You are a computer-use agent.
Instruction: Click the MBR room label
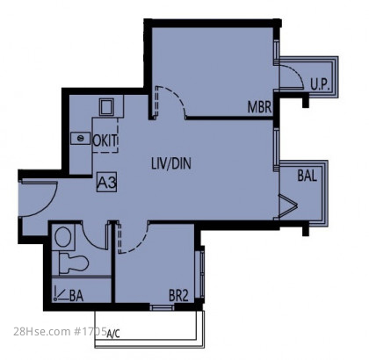click(259, 107)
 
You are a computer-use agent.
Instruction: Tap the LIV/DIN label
click(171, 163)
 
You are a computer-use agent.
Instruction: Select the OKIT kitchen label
click(105, 140)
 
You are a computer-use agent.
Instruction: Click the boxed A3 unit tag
click(107, 183)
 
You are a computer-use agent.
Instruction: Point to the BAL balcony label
click(307, 176)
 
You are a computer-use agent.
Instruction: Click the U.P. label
click(321, 84)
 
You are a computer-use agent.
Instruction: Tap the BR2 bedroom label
click(178, 295)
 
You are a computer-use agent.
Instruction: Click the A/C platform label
click(113, 334)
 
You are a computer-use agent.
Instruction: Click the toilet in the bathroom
click(73, 263)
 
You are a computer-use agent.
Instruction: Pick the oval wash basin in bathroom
click(63, 237)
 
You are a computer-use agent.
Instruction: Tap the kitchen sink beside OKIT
click(80, 138)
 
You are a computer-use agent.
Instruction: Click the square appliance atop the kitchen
click(106, 107)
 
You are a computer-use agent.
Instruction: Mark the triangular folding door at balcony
click(286, 205)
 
